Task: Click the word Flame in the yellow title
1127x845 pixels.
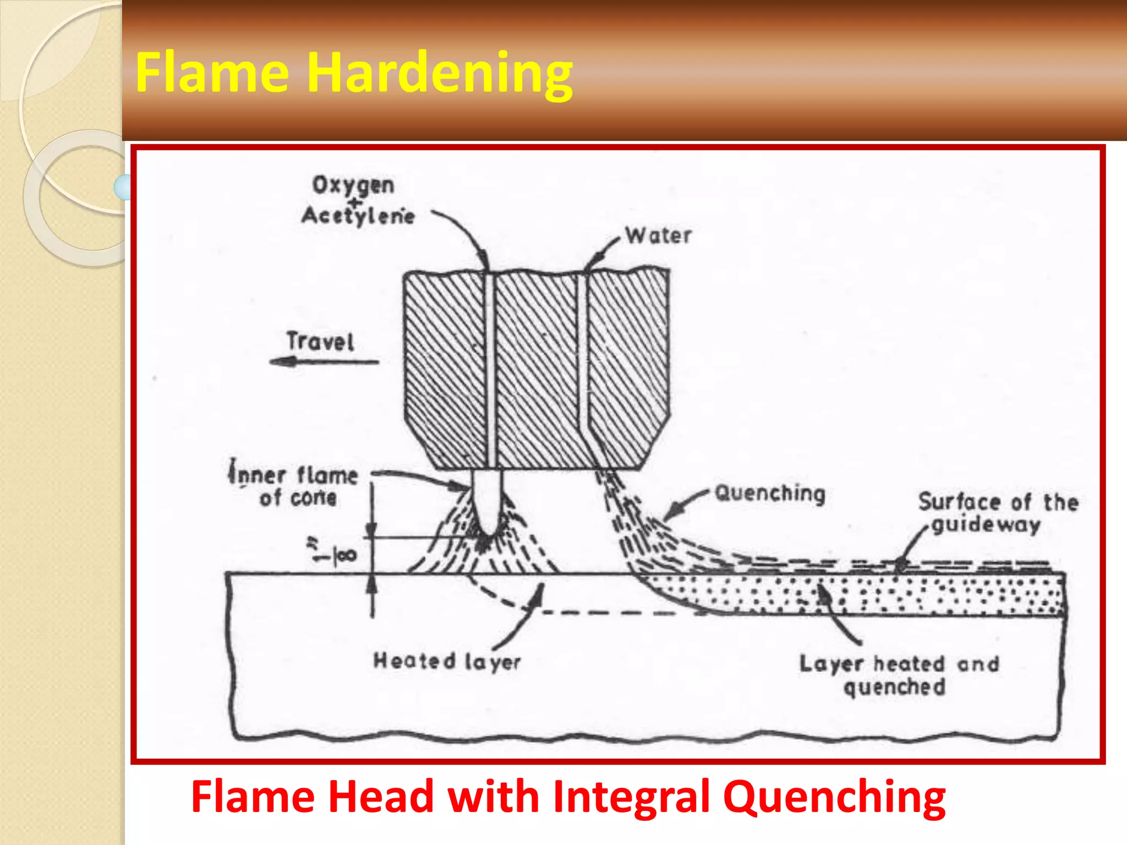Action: (212, 72)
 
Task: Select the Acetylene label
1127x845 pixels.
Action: (358, 216)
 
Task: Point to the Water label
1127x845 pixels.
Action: (658, 236)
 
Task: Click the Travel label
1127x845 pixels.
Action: (320, 342)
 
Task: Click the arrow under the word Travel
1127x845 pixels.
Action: (324, 362)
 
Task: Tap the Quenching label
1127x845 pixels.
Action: (770, 493)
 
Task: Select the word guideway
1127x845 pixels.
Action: (986, 524)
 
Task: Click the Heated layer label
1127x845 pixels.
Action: (447, 661)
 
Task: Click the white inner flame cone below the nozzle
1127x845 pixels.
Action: (487, 498)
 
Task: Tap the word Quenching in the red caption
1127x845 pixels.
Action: (834, 797)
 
